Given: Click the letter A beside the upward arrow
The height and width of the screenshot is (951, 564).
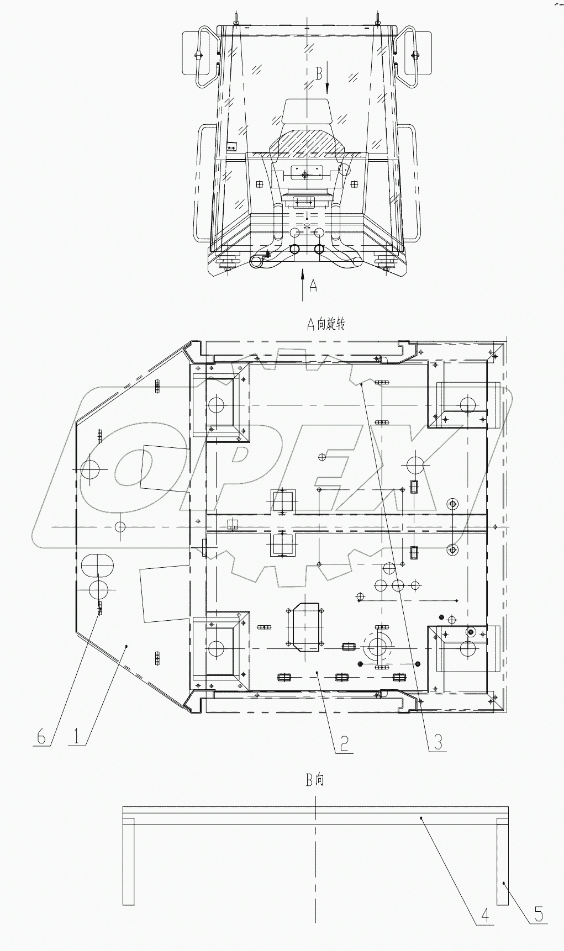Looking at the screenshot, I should coord(313,286).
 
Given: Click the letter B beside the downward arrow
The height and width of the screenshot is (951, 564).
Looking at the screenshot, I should coord(319,73).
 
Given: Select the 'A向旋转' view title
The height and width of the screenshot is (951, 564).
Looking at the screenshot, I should coord(326,325).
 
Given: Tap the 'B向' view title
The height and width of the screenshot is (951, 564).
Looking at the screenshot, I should coord(315,780).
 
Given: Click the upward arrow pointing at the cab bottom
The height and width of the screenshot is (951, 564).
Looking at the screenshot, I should coord(302,284).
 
